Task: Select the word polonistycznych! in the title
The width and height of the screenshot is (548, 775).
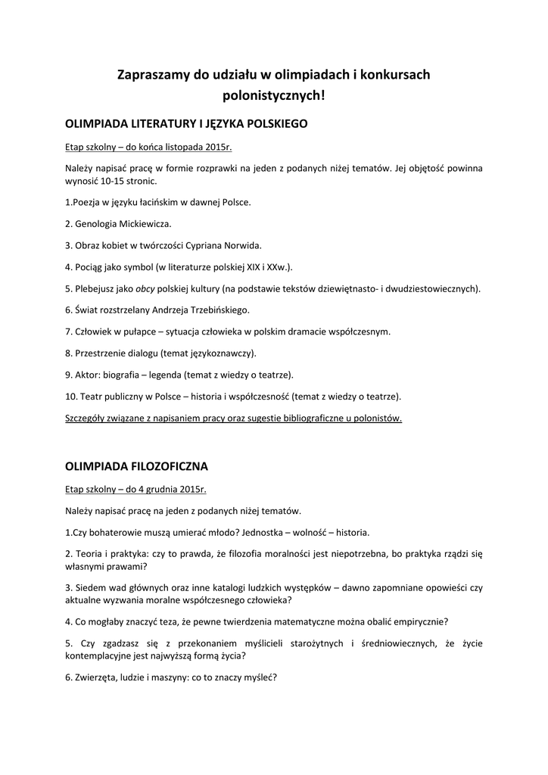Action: [x=273, y=96]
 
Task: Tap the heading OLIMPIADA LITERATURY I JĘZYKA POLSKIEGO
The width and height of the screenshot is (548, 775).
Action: [x=186, y=123]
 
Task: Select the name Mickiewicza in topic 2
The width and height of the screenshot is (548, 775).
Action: [x=144, y=224]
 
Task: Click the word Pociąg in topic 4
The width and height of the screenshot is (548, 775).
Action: [x=90, y=267]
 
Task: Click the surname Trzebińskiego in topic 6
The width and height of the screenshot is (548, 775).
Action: [x=216, y=310]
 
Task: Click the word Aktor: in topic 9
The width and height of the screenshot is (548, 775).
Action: [x=88, y=375]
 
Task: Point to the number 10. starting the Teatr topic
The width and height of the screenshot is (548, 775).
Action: [x=70, y=397]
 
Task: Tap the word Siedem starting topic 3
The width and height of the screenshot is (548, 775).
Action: [x=89, y=587]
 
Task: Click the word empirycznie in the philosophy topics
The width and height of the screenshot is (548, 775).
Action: [x=419, y=621]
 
